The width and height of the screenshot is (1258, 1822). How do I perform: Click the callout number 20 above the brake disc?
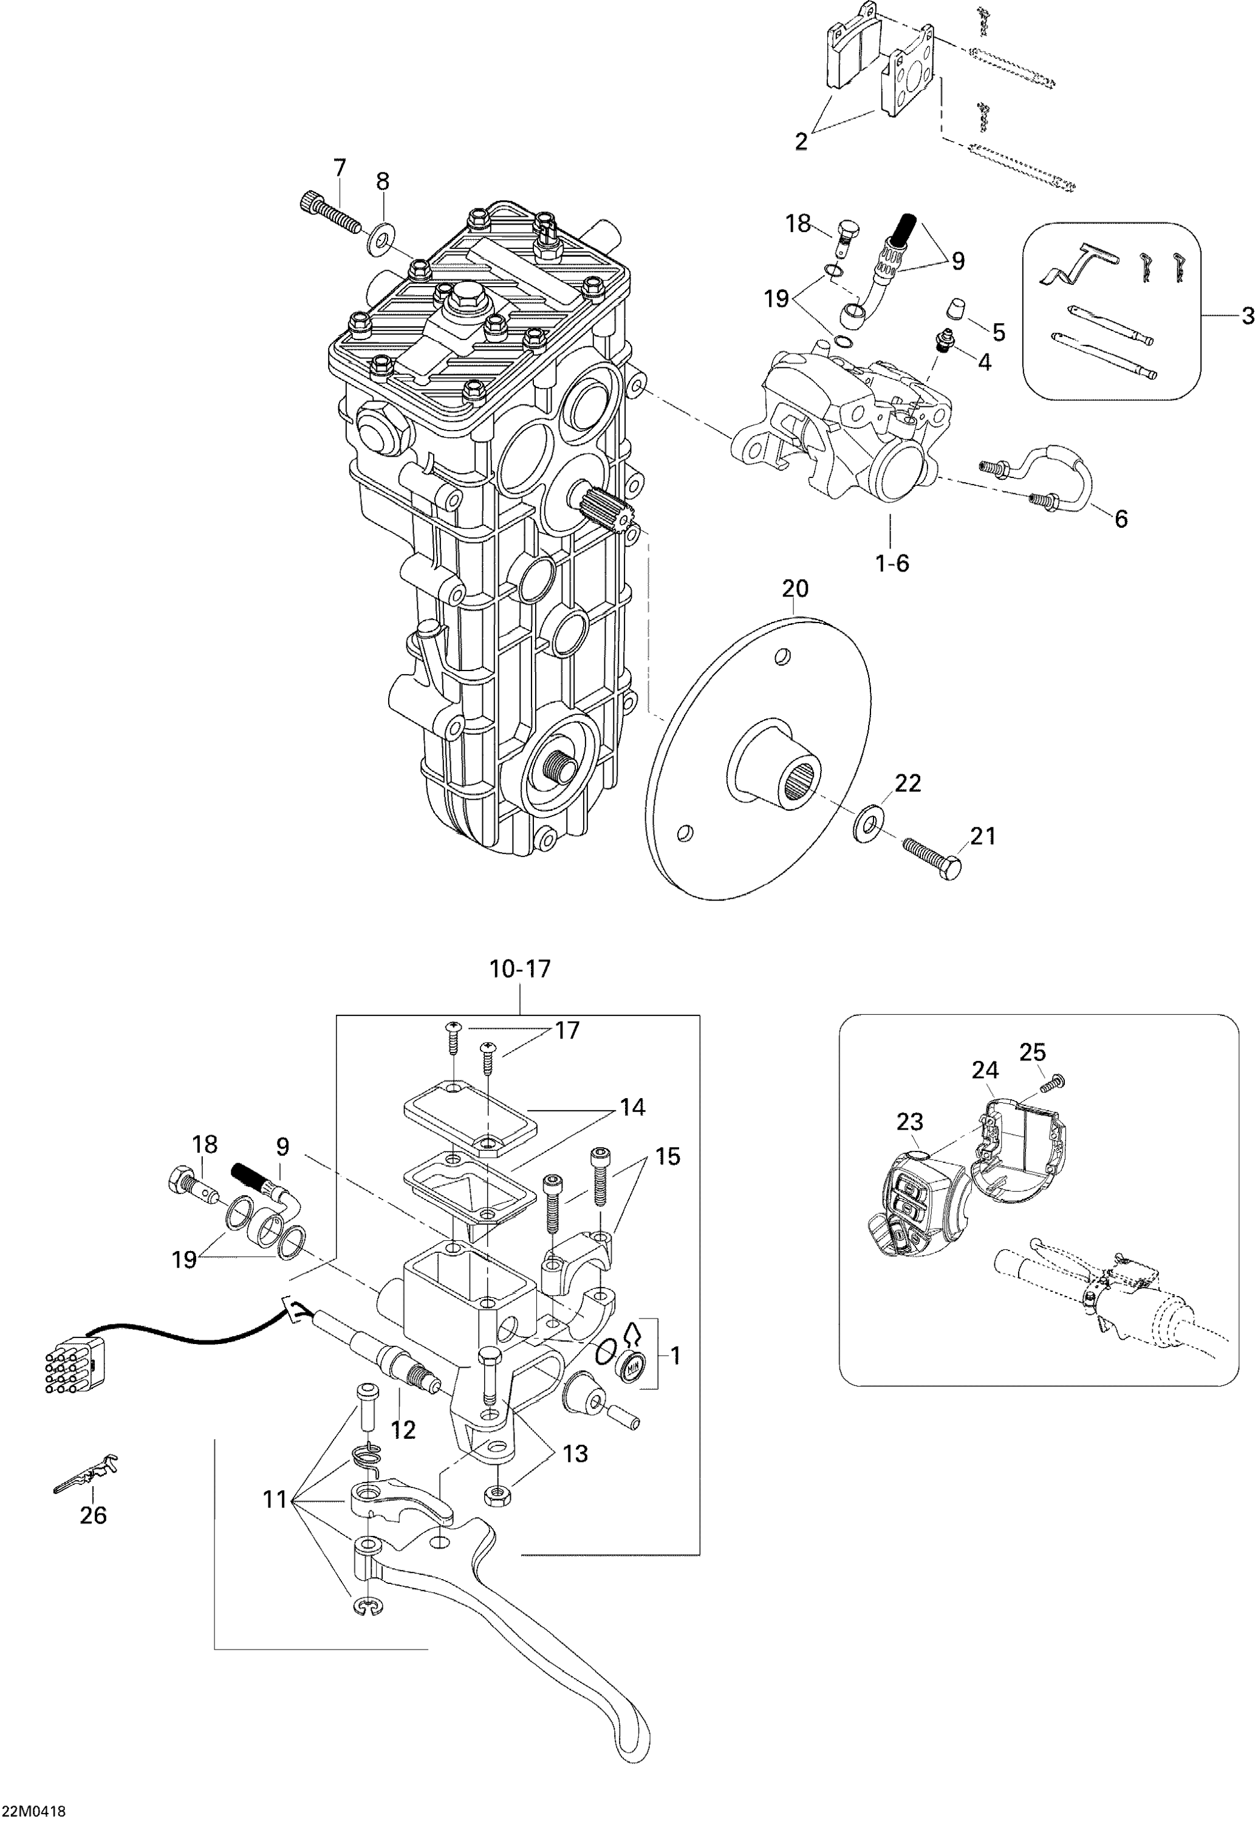click(x=795, y=588)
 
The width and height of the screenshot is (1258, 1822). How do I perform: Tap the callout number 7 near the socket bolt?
click(x=339, y=168)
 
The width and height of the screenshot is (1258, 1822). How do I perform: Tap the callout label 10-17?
click(x=520, y=969)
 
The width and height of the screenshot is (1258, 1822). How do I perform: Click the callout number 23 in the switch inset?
click(x=909, y=1121)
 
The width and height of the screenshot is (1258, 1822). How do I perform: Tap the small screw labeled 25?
click(x=1051, y=1086)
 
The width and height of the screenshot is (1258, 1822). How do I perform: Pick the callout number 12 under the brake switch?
click(x=403, y=1430)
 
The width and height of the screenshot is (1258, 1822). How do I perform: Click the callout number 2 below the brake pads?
click(x=801, y=143)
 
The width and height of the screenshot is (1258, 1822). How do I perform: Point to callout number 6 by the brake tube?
click(x=1121, y=518)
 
